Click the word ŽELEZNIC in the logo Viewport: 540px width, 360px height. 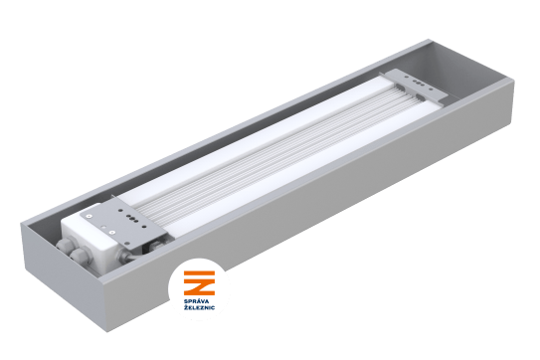(199, 307)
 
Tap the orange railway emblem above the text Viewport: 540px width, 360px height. (199, 282)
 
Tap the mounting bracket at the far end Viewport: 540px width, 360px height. (415, 86)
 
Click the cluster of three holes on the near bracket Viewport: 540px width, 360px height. (131, 218)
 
